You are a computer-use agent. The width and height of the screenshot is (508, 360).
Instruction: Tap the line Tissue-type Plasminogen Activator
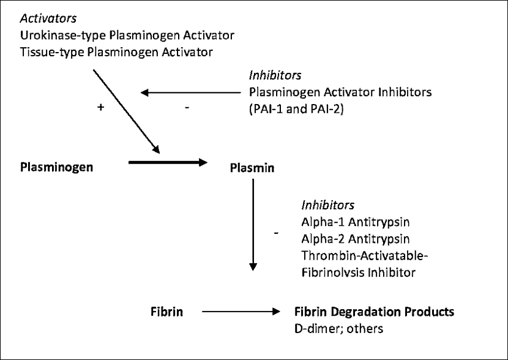(117, 52)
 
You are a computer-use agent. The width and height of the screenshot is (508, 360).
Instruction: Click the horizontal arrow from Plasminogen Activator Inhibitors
(191, 93)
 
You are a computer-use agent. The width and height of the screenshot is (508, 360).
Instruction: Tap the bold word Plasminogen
(57, 167)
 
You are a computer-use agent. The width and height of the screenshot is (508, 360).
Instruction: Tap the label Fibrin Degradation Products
(374, 312)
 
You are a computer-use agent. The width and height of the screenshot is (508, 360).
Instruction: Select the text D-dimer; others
(338, 329)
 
